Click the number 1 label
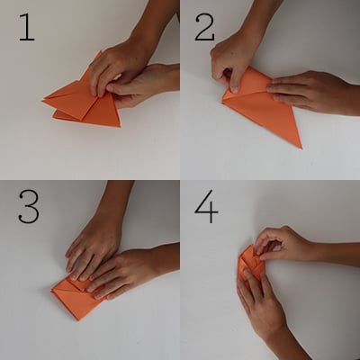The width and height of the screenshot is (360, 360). tap(27, 27)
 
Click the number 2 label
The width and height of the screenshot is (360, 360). tap(205, 27)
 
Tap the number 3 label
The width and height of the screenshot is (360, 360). tap(29, 206)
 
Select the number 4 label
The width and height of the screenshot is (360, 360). tap(206, 206)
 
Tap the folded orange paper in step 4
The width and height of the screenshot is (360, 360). tap(249, 264)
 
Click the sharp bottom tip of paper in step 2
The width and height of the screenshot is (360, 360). tap(301, 148)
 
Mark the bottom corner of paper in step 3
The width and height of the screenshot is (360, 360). tap(78, 319)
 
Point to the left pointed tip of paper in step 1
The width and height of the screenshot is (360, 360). tap(42, 102)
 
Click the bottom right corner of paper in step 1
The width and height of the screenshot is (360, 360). tap(120, 126)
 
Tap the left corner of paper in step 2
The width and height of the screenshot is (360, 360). tap(223, 102)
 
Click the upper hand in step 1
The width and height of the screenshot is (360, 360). tap(120, 63)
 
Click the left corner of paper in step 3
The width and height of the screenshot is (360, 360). tap(52, 290)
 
